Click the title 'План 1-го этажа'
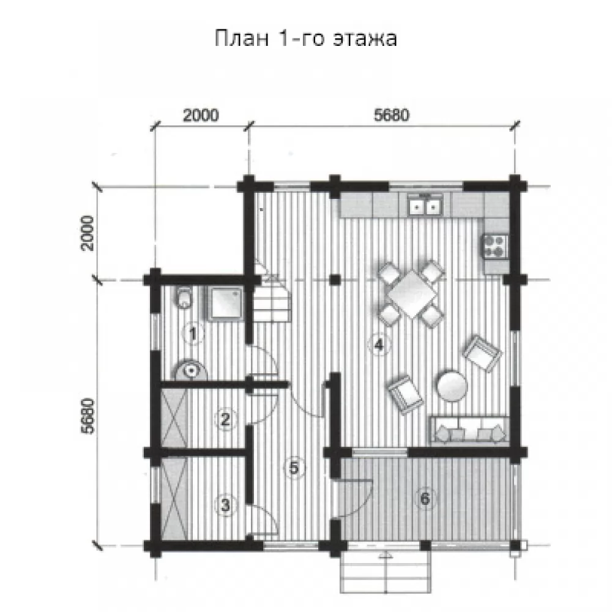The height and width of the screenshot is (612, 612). click(x=306, y=38)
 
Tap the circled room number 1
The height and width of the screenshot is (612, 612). click(x=193, y=334)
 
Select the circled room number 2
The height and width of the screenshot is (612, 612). click(x=225, y=420)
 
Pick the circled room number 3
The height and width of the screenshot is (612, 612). click(x=225, y=506)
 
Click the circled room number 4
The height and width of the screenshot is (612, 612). click(x=378, y=345)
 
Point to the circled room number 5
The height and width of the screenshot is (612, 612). click(x=294, y=467)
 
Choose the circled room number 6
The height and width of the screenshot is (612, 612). click(x=425, y=498)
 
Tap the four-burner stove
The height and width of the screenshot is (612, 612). click(x=496, y=246)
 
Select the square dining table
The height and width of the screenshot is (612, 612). click(x=412, y=290)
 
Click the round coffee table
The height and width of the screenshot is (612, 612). click(x=452, y=386)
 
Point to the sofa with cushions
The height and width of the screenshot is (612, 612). click(x=469, y=430)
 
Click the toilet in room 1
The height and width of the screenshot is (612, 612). click(x=184, y=298)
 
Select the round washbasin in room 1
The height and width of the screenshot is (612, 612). click(x=191, y=370)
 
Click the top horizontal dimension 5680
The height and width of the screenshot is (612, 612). click(x=392, y=115)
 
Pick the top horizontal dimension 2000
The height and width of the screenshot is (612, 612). click(x=201, y=115)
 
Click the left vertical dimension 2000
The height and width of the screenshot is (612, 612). click(x=88, y=233)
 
